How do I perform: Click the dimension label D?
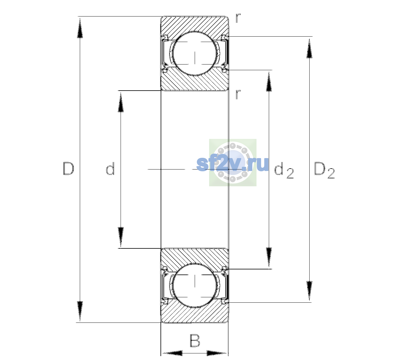point(68,169)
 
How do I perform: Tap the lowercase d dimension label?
point(110,169)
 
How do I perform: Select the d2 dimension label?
point(284,170)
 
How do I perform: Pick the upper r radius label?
point(238,18)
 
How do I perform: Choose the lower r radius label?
point(238,94)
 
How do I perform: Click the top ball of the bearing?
point(195,53)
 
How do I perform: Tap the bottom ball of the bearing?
point(195,285)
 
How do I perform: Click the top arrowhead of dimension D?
point(80,28)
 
